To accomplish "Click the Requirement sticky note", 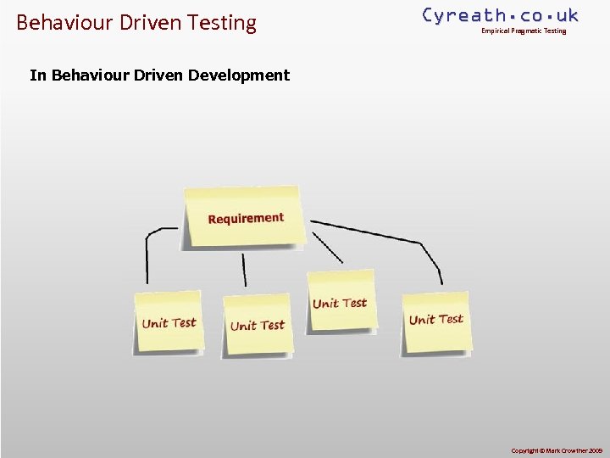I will coord(245,217).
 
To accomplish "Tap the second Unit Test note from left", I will coord(258,325).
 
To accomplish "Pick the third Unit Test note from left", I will coord(340,303).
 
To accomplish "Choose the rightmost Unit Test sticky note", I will coord(436,320).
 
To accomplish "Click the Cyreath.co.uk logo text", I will coord(500,14).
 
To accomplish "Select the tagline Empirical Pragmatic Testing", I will coord(524,31).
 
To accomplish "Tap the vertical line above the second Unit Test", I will coord(245,270).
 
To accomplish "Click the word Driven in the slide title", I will coord(147,22).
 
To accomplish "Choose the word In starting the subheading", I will coord(38,75).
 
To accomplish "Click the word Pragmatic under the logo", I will coord(528,31).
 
